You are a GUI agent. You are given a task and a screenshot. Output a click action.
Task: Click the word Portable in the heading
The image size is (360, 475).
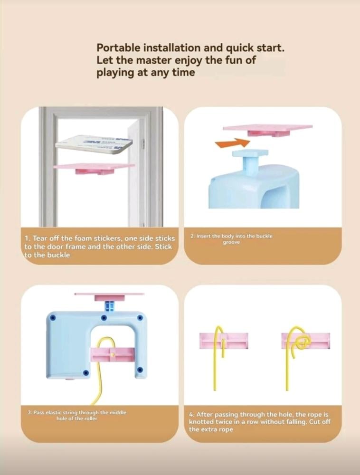click(118, 48)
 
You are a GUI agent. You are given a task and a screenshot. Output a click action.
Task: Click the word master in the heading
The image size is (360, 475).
click(154, 60)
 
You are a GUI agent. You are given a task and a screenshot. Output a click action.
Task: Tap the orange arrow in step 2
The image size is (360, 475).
click(233, 143)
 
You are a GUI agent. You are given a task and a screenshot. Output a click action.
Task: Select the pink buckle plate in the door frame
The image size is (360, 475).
click(94, 169)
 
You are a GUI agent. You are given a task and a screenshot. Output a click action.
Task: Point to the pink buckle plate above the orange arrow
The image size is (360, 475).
click(268, 130)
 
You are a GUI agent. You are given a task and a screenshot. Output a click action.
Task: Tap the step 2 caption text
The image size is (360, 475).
click(231, 239)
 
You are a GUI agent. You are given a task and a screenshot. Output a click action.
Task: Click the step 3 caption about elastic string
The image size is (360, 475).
click(77, 415)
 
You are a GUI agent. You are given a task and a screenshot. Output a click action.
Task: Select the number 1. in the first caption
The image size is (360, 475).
click(27, 238)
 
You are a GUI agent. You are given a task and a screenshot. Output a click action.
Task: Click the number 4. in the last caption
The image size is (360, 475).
click(191, 414)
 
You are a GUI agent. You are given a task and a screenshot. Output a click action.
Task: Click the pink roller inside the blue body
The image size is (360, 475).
click(113, 355)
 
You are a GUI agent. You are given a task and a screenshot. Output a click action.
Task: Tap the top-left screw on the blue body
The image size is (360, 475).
click(53, 318)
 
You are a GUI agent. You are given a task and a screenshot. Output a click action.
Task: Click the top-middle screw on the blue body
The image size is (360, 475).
click(104, 318)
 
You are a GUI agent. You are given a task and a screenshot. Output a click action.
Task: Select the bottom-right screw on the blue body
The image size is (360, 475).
click(140, 370)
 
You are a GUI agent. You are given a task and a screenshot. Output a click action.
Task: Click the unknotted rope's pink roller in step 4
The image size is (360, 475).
click(224, 341)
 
